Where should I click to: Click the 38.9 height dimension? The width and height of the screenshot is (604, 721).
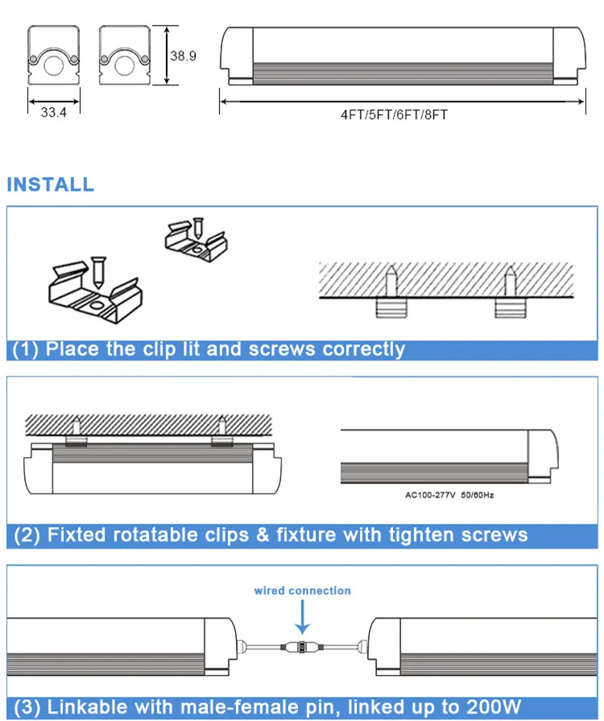tap(184, 56)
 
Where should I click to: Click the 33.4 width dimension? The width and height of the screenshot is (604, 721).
tap(53, 112)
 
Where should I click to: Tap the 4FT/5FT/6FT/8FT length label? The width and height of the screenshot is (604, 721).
tap(394, 114)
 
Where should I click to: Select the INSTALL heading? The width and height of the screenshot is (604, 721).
tap(51, 184)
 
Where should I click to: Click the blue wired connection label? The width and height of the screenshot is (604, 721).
tap(303, 591)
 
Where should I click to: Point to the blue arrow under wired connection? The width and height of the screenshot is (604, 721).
tap(303, 617)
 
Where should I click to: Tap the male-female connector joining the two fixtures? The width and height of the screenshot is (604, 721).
tap(302, 646)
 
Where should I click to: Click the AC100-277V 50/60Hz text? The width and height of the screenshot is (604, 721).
tap(449, 495)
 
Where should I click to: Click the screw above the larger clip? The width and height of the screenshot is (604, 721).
tap(98, 272)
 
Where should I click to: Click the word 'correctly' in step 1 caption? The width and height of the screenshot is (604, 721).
tap(364, 349)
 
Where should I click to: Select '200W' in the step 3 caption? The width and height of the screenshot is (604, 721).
tap(493, 707)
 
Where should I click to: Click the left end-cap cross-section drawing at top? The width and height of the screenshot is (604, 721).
tap(53, 56)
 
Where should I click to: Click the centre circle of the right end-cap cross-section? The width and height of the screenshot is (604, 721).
tap(124, 65)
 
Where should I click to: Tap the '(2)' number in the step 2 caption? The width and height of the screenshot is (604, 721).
tap(27, 535)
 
